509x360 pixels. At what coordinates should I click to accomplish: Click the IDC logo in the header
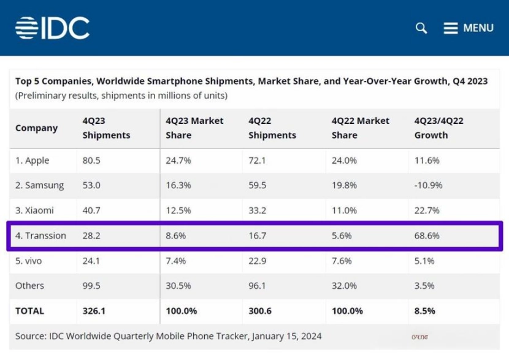tap(53, 28)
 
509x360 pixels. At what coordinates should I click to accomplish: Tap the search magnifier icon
tap(421, 28)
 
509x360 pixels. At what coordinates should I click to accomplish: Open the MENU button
tap(469, 28)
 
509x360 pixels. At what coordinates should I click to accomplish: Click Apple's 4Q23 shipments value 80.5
tap(91, 161)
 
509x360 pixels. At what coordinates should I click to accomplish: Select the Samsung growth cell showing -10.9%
tap(427, 185)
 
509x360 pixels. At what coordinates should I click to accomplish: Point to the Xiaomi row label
tap(34, 210)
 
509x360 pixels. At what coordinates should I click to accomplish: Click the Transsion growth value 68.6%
tap(427, 236)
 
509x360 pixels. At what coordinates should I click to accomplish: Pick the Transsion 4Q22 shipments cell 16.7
tap(258, 236)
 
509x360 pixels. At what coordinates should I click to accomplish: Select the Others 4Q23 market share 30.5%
tap(178, 286)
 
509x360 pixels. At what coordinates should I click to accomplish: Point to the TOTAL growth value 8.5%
tap(424, 311)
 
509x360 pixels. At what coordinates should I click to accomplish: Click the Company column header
tap(36, 128)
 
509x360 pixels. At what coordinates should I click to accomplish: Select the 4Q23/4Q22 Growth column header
tap(439, 128)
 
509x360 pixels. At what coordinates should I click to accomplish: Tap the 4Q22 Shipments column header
tap(272, 128)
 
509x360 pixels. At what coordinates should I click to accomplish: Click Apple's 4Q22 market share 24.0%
tap(344, 161)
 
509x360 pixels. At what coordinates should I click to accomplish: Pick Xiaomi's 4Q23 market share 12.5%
tap(178, 210)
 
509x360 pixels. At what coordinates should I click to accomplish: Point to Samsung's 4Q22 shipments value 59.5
tap(258, 185)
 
